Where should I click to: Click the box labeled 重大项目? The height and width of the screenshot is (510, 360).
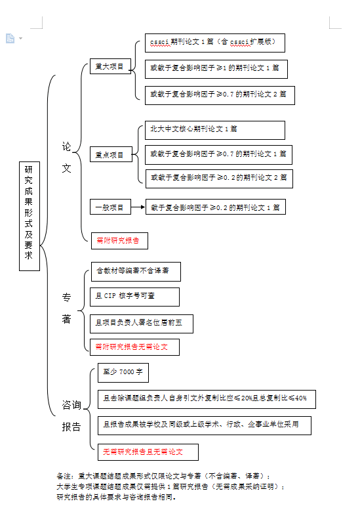(110, 66)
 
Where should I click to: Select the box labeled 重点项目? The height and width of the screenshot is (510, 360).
(111, 154)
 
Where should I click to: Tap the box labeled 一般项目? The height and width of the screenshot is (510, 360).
(110, 207)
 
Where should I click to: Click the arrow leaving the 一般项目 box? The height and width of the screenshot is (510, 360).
(138, 207)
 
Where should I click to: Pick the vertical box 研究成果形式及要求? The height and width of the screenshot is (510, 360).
(30, 216)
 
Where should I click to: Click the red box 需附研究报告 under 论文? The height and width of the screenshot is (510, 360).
(119, 241)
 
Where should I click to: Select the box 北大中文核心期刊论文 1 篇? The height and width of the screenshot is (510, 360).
(215, 130)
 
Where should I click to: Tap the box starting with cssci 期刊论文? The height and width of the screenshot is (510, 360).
(215, 43)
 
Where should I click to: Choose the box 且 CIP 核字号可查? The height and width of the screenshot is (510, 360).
(134, 297)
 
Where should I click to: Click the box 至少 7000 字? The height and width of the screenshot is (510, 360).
(123, 373)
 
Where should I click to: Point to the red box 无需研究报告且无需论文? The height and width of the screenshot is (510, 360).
(148, 452)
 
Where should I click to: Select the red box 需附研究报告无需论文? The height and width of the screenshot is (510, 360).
(134, 347)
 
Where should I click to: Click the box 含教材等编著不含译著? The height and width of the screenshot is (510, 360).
(136, 272)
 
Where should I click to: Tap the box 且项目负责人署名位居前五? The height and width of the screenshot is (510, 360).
(142, 324)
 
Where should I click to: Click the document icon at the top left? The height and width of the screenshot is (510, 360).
(10, 38)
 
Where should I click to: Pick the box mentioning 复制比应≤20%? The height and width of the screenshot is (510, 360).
(207, 399)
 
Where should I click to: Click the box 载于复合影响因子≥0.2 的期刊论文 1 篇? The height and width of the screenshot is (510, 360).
(216, 207)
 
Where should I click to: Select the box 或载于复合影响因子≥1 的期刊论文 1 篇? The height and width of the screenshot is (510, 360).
(216, 69)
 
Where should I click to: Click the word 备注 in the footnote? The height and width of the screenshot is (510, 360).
(64, 476)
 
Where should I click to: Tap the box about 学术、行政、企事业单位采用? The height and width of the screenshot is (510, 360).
(205, 425)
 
